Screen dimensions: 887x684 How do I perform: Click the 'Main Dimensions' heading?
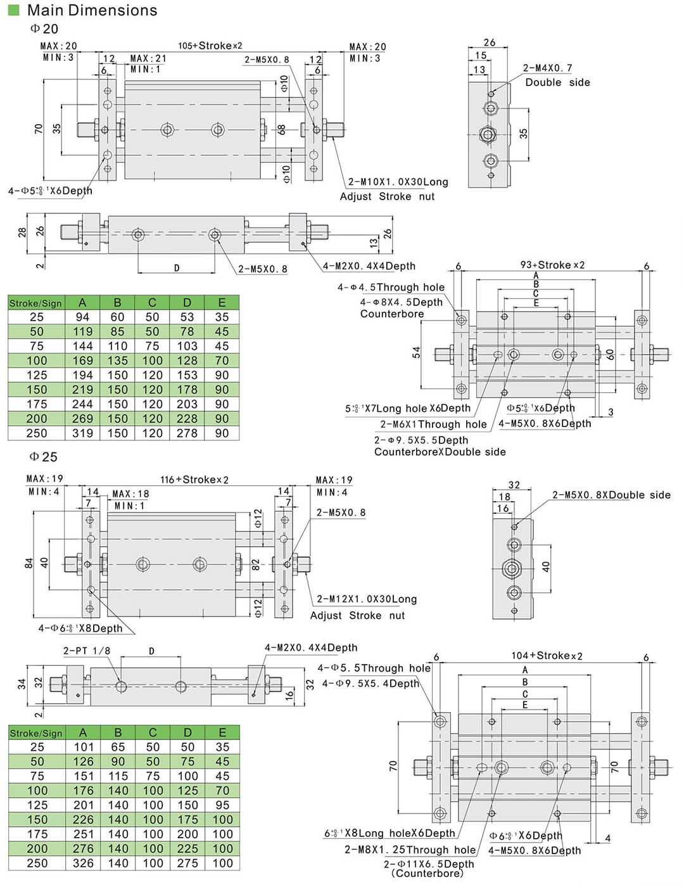[x=92, y=10]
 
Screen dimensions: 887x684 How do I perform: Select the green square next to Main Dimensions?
[x=14, y=10]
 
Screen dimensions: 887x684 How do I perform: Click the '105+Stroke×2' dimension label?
[x=210, y=46]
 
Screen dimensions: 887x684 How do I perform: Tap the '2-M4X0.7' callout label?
[x=547, y=68]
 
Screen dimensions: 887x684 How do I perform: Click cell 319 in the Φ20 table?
[x=82, y=433]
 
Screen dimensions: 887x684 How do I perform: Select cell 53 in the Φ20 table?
[x=187, y=317]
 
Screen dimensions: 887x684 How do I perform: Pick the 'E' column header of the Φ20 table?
[x=222, y=302]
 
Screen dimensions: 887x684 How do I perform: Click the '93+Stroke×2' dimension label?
[x=552, y=265]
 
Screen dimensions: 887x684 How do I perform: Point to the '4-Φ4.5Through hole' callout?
[x=391, y=287]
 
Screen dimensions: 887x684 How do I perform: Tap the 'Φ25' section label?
[x=44, y=456]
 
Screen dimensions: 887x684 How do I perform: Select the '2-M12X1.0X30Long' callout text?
[x=367, y=599]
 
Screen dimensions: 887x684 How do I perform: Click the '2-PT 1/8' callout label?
[x=87, y=651]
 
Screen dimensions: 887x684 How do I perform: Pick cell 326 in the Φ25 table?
[x=83, y=863]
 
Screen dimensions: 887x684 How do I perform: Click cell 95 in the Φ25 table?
[x=222, y=805]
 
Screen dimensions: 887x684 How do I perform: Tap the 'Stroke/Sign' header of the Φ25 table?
[x=36, y=733]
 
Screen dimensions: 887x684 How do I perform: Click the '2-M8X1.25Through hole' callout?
[x=410, y=850]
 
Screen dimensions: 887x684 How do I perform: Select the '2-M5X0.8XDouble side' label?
[x=611, y=495]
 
